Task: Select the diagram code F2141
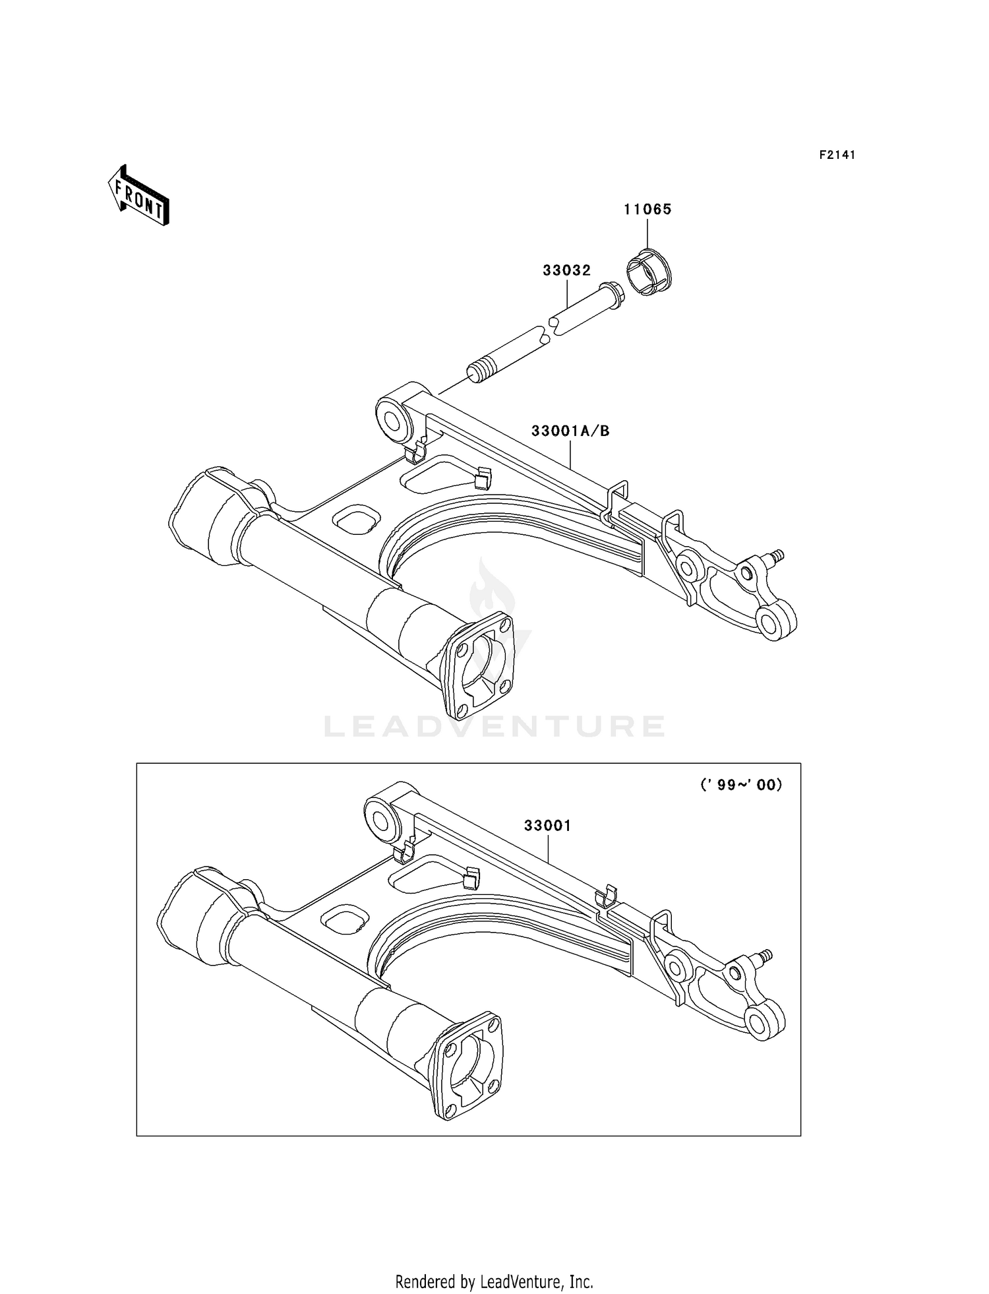point(837,155)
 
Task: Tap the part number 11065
point(647,210)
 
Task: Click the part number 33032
point(566,270)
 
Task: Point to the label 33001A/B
point(570,431)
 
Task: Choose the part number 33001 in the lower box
point(547,826)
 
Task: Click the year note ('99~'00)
point(741,785)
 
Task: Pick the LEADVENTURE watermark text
point(494,726)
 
